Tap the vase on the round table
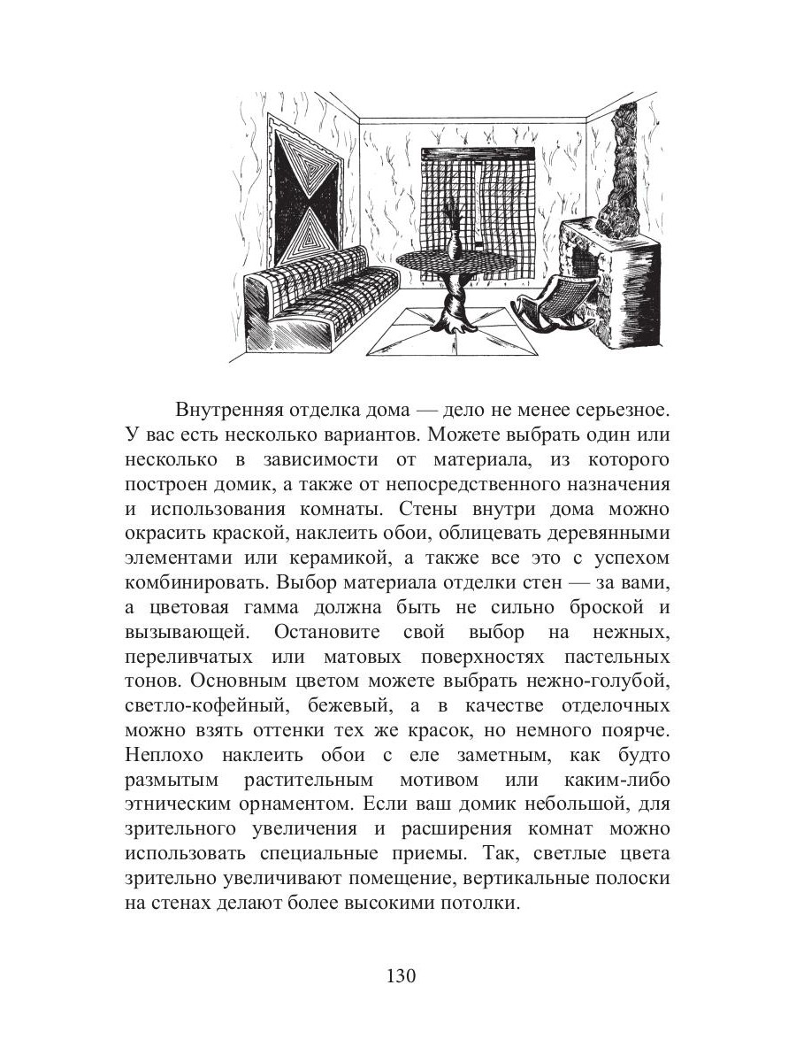tap(453, 235)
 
